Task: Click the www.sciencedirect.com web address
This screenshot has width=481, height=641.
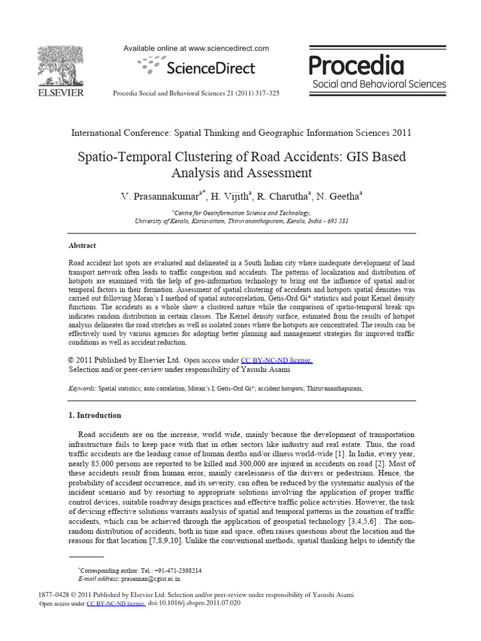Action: click(x=229, y=48)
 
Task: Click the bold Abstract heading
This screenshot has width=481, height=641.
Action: click(x=82, y=246)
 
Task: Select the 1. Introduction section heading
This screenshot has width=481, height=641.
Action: click(x=95, y=415)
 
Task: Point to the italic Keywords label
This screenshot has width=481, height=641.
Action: click(x=81, y=388)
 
